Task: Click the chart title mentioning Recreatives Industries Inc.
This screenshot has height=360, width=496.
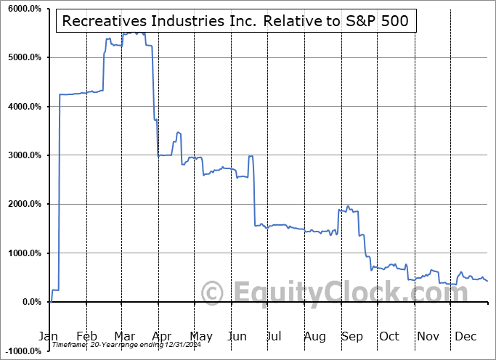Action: [x=237, y=22]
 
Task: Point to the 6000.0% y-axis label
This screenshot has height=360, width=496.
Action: [x=23, y=9]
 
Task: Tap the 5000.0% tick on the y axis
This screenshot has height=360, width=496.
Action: [x=23, y=57]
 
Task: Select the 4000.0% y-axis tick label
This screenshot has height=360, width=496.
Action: [x=23, y=107]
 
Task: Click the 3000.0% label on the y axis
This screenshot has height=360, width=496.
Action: [x=23, y=155]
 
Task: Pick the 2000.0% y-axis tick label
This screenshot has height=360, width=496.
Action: [x=23, y=204]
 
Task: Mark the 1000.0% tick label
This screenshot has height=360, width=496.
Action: [x=23, y=253]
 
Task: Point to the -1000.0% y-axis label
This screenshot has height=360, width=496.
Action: [x=22, y=351]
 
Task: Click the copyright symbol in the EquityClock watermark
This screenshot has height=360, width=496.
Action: [x=212, y=293]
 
